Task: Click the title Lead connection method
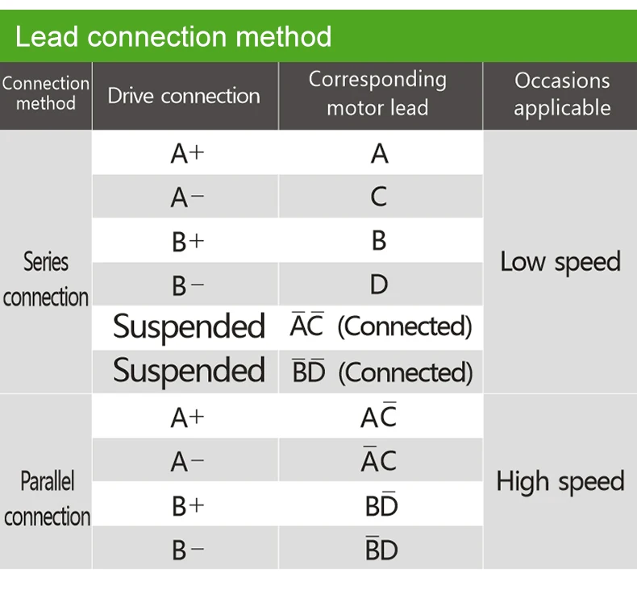point(173,36)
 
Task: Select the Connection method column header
point(46,93)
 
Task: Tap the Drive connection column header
point(184,96)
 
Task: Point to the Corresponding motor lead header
point(378,93)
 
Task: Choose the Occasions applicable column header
point(562,93)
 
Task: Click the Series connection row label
point(46,279)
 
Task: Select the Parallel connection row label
point(47,499)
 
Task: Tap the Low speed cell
point(560,262)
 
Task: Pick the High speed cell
point(560,482)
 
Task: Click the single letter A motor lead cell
point(380,153)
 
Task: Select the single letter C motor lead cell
point(379,197)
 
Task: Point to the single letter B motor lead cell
point(379,240)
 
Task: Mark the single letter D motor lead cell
point(379,285)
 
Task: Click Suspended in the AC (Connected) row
point(189,327)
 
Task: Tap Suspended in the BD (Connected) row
point(189,371)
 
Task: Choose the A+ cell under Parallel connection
point(187,418)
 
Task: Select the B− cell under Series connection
point(188,285)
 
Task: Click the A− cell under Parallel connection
point(187,462)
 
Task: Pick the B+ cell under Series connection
point(188,242)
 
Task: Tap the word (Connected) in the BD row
point(406,372)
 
